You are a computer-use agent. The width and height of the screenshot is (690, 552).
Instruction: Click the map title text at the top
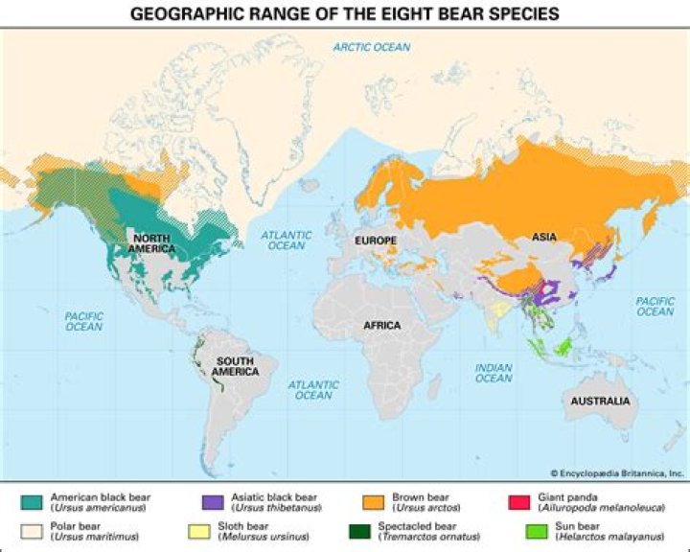point(345,13)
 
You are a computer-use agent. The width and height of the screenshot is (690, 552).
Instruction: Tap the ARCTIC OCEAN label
point(372,47)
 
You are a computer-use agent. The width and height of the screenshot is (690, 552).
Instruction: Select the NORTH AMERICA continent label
point(153,243)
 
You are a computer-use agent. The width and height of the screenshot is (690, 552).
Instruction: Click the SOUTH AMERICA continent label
point(235,365)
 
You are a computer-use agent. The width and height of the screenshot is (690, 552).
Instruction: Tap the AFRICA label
point(381,326)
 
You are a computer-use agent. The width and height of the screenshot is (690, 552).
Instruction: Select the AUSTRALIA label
point(600,401)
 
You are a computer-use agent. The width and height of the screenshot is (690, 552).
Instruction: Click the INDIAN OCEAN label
point(494,372)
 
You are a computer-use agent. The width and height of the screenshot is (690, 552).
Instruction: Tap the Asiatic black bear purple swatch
point(212,502)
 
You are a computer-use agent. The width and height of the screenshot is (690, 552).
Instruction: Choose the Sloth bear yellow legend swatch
point(212,530)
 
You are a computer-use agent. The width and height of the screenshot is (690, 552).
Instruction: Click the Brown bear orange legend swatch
point(373,502)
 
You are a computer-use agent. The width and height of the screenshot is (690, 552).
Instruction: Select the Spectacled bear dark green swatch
point(373,530)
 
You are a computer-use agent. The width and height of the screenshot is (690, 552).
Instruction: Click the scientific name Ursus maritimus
point(86,536)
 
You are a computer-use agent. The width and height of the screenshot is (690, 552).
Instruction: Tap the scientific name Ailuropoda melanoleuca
point(599,508)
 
